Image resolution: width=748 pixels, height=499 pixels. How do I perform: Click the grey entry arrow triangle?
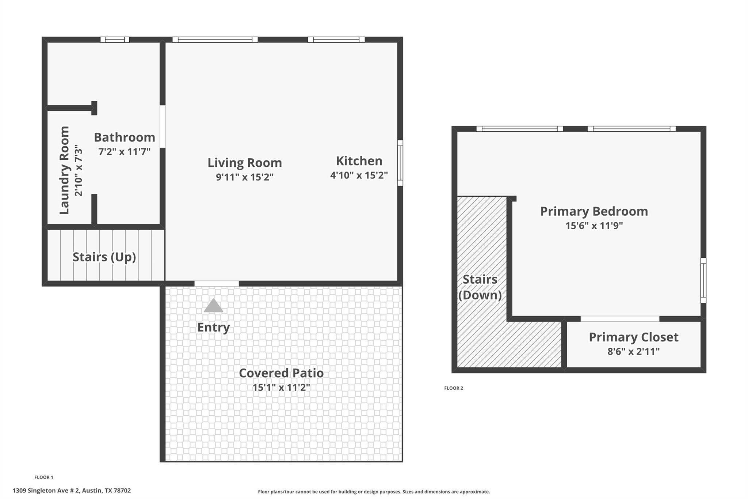pos(213,306)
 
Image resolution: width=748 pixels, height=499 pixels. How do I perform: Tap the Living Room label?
pos(245,163)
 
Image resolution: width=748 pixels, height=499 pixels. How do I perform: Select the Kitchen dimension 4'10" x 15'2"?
pos(359,175)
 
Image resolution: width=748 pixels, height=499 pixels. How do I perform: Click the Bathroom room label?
pos(124,137)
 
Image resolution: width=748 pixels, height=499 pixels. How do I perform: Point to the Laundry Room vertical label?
pos(64,170)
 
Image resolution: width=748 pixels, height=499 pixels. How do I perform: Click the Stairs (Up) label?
pos(104,257)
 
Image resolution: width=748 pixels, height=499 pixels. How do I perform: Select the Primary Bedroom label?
pos(594,211)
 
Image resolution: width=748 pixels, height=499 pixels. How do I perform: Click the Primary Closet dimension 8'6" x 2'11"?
pos(633,352)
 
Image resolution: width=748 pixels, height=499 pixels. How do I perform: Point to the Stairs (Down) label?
pos(480,287)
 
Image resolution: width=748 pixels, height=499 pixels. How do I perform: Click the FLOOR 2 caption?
pos(453,388)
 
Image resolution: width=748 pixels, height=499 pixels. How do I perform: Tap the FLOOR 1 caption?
pos(43,477)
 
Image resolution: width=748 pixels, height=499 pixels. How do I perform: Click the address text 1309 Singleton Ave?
pos(72,491)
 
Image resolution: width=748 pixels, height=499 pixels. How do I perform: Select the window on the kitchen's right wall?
pos(400,163)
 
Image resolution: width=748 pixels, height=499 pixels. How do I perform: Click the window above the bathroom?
pos(115,39)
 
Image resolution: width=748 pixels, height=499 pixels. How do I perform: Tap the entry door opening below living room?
pos(217,283)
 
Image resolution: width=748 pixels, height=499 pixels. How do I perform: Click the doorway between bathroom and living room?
pos(163,126)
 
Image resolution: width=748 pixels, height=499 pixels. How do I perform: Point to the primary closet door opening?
pos(620,319)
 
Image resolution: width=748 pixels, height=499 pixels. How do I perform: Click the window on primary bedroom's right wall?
pos(703,280)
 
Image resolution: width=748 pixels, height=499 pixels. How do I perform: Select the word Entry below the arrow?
pos(213,327)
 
